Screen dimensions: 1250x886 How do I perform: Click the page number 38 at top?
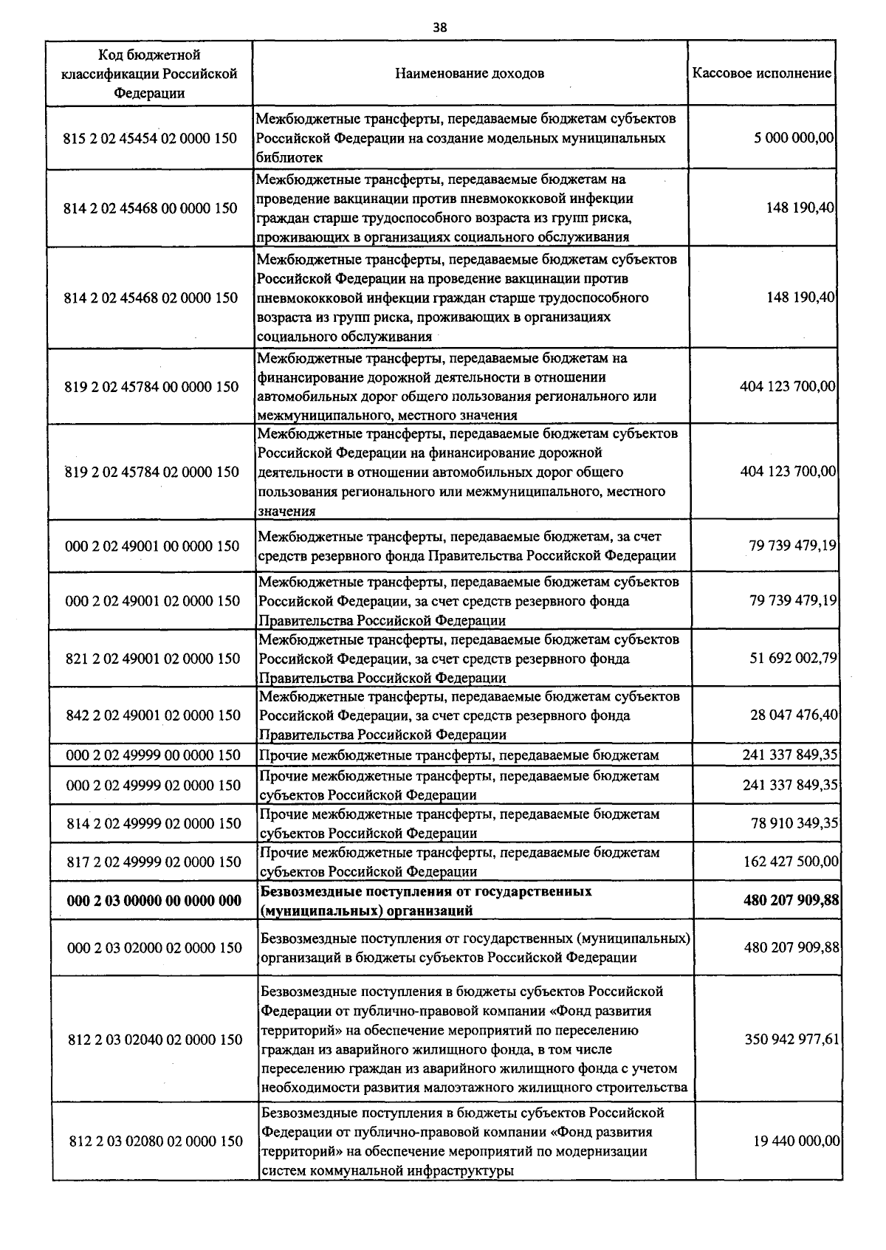[x=439, y=27]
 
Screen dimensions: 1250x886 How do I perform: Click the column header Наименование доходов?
[x=470, y=73]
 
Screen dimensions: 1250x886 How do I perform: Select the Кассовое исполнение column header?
[x=761, y=73]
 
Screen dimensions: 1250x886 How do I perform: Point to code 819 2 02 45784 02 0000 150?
[x=151, y=472]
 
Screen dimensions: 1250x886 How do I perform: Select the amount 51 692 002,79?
[x=793, y=658]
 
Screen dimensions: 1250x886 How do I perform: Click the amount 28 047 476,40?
[x=793, y=715]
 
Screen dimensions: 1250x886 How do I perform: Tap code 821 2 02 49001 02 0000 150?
[x=153, y=659]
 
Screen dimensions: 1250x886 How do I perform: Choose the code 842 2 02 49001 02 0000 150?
[x=153, y=715]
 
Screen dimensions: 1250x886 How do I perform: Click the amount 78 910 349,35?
[x=794, y=823]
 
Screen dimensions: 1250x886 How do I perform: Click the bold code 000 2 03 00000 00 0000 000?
[x=154, y=901]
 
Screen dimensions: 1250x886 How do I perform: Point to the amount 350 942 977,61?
[x=792, y=1040]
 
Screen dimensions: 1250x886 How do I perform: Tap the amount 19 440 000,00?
[x=796, y=1141]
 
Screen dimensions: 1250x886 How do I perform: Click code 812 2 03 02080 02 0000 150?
[x=155, y=1141]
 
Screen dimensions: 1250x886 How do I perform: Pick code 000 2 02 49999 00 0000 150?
[x=153, y=755]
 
